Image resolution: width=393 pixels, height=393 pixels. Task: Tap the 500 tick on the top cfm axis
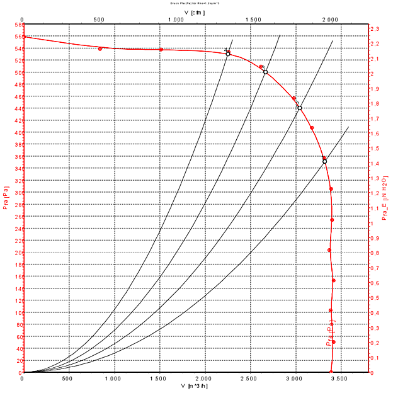(x=99, y=20)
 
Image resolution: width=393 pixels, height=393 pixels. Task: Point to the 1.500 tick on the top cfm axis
(x=253, y=20)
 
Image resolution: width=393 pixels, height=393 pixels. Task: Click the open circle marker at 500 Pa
(x=265, y=72)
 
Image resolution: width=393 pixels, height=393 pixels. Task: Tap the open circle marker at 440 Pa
(x=300, y=108)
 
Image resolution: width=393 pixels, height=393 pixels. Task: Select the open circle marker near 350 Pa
(x=325, y=162)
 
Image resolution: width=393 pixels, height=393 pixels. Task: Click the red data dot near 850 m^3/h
(x=100, y=48)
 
